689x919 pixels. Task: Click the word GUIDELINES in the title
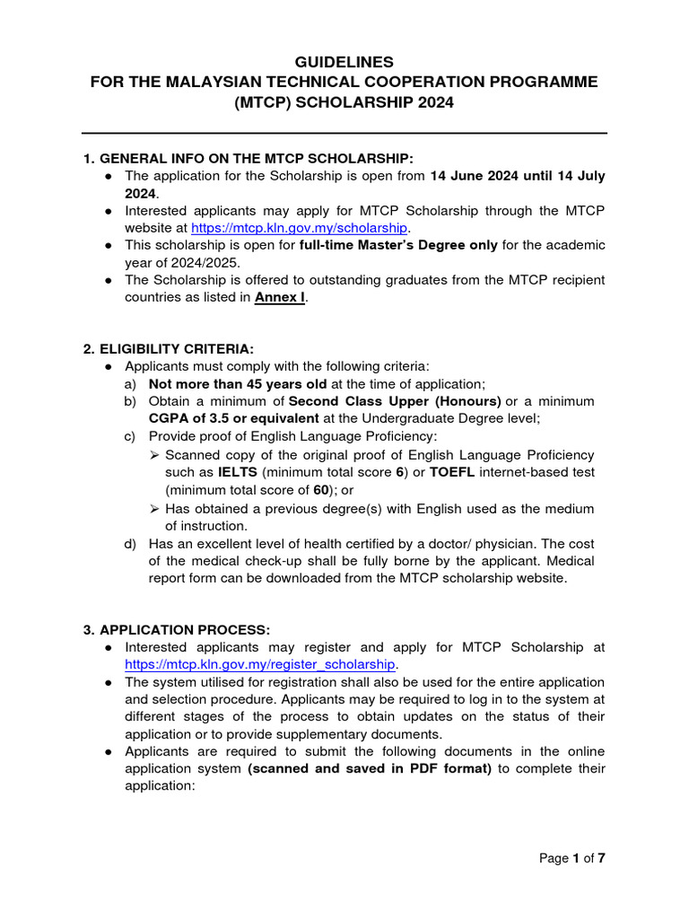click(x=344, y=62)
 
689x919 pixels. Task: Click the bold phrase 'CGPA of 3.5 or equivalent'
click(x=234, y=418)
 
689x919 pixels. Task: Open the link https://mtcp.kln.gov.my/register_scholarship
click(x=259, y=664)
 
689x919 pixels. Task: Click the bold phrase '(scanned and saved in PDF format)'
click(x=370, y=768)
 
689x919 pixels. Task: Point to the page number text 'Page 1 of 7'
click(x=572, y=859)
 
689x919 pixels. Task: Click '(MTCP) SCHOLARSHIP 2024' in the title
click(x=344, y=102)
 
